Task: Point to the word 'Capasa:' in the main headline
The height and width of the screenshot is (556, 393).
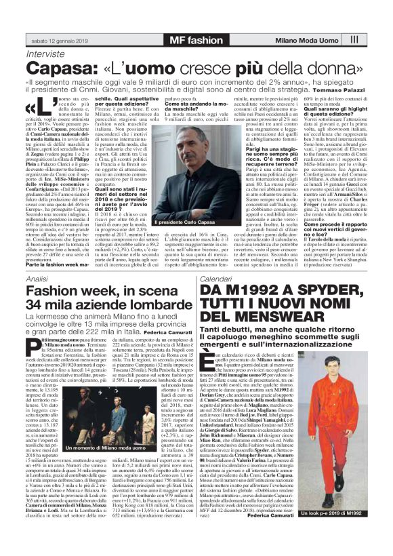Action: point(65,68)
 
